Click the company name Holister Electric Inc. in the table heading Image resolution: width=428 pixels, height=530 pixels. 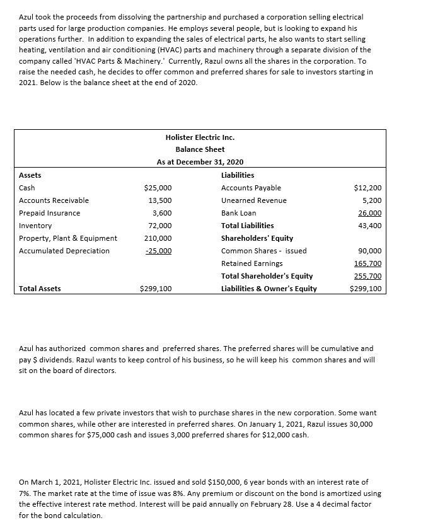(x=200, y=137)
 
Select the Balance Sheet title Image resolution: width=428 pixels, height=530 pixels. (x=200, y=149)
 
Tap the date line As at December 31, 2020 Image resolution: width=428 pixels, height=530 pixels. (x=200, y=162)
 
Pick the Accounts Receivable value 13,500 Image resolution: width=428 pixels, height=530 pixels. (x=160, y=200)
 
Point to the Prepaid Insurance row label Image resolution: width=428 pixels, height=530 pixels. (x=50, y=213)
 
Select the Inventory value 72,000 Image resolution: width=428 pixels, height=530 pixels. (x=160, y=226)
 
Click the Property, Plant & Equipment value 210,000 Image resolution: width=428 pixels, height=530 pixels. (x=158, y=238)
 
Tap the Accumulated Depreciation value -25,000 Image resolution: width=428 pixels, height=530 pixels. (x=158, y=251)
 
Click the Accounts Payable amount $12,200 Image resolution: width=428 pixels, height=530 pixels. (x=368, y=188)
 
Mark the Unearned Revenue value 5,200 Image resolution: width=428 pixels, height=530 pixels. (x=372, y=200)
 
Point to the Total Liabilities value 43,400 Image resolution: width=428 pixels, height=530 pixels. (x=370, y=226)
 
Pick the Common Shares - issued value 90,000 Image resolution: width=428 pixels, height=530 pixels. (x=370, y=251)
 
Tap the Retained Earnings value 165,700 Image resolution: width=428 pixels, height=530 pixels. (x=369, y=263)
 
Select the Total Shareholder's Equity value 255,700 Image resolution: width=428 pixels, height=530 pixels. (x=369, y=276)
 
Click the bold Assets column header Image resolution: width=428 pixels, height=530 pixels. (x=30, y=175)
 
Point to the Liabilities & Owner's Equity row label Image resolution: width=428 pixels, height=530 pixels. (x=269, y=289)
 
